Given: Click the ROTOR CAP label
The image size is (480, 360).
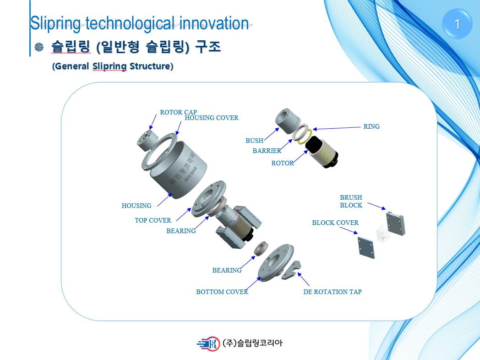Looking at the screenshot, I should (178, 112).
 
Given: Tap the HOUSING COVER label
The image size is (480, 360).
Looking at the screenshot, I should (211, 118).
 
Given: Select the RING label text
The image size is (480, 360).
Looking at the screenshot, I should (371, 126).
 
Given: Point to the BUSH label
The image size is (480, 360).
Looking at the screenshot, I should (254, 141).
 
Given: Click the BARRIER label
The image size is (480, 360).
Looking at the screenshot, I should (267, 151).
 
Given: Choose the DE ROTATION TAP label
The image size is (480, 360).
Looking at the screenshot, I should (332, 292).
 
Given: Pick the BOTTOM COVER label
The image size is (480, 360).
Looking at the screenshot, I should (222, 292).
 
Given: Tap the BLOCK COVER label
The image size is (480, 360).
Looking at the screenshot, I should (335, 223).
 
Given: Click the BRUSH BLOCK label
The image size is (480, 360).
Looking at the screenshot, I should (351, 202).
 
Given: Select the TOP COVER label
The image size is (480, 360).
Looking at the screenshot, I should (153, 220).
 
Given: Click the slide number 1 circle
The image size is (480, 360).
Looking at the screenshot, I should (457, 24).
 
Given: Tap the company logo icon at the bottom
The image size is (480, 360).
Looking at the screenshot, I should (208, 343).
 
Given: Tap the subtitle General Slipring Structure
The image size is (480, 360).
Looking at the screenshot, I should (113, 66).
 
